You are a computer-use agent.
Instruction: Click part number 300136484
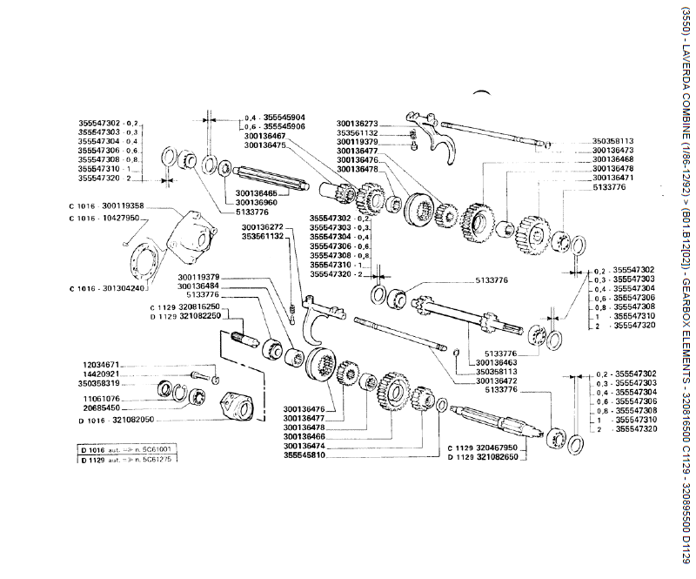197,286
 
